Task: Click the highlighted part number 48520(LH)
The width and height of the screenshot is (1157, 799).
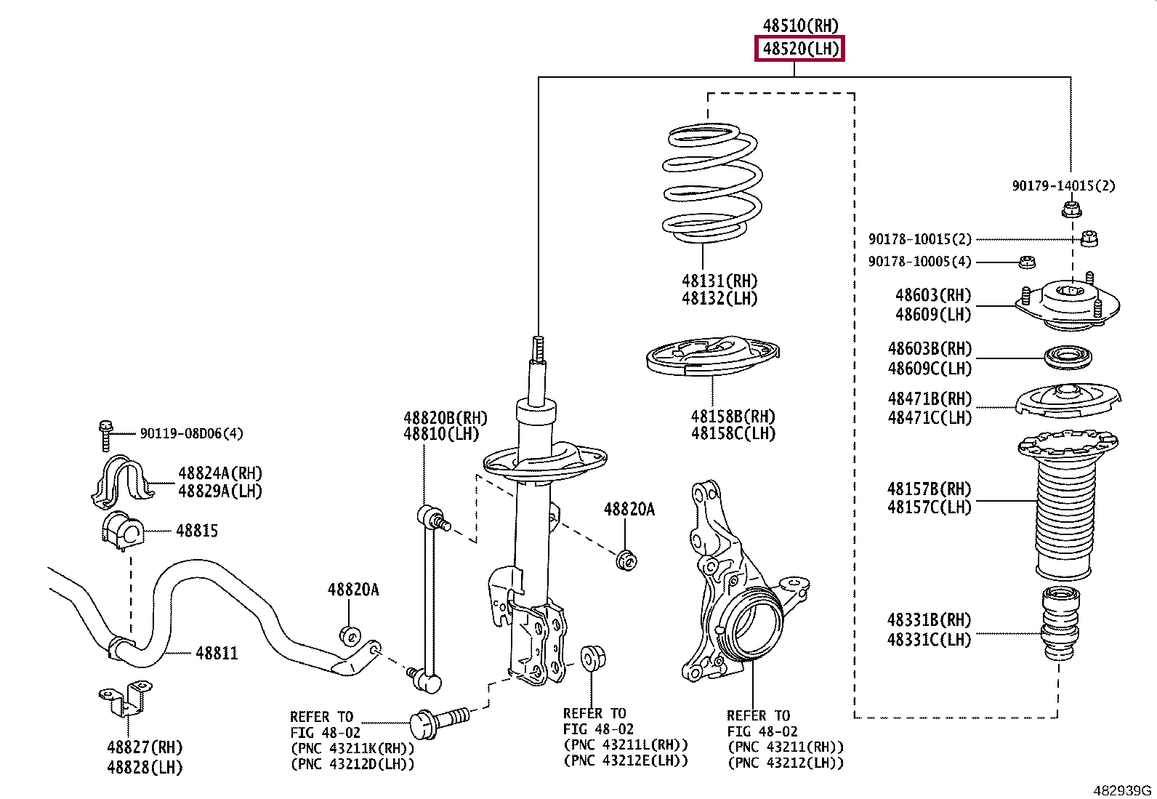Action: pos(800,49)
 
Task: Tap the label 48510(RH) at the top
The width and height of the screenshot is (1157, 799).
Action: pos(800,25)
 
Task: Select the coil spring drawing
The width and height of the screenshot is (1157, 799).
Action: pos(712,183)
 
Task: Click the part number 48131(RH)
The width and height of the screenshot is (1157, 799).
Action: pos(719,281)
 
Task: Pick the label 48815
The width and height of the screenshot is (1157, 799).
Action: pos(197,531)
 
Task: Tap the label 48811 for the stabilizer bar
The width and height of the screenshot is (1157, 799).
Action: pos(217,654)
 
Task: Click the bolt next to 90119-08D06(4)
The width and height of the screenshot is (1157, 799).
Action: pos(105,435)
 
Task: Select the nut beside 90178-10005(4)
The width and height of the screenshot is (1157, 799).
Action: pos(1027,262)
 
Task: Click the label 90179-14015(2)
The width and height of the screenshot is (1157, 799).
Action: pos(1063,185)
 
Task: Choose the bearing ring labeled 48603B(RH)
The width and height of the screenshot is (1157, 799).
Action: pos(1068,357)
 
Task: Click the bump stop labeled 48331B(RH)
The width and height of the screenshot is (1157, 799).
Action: pos(1060,624)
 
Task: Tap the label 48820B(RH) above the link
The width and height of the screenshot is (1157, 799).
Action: pos(446,417)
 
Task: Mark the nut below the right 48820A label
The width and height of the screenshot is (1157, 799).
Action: pos(626,561)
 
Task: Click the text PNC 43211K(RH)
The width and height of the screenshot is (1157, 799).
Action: pos(352,748)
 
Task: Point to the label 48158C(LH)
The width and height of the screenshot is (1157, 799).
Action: pos(733,433)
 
